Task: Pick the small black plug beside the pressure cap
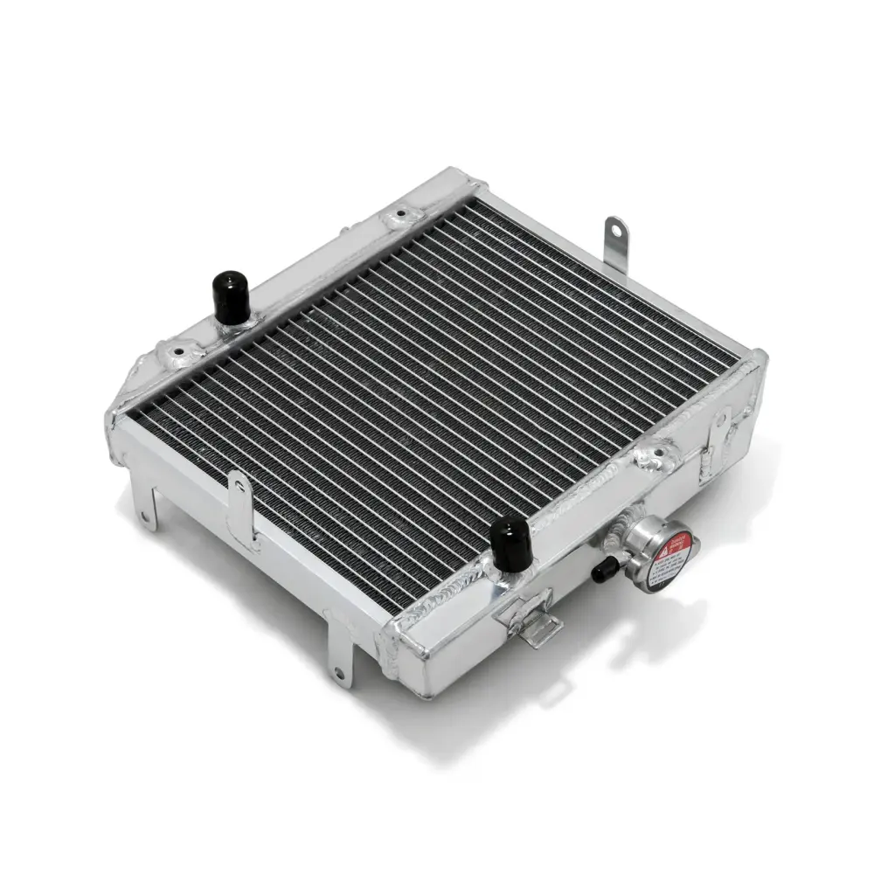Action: [x=602, y=572]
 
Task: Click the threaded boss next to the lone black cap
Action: [x=178, y=352]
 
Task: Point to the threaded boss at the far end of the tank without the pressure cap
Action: [x=401, y=213]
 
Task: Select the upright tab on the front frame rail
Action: [x=239, y=503]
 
